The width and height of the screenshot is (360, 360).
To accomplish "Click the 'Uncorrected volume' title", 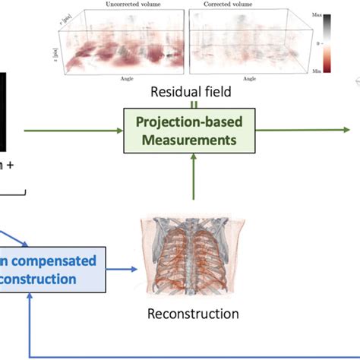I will (x=115, y=5).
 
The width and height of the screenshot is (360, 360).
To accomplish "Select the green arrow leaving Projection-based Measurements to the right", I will (x=304, y=131).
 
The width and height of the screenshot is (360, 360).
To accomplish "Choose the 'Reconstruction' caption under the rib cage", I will (x=194, y=313).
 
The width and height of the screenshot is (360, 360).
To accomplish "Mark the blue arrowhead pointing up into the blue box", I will (x=29, y=298).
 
